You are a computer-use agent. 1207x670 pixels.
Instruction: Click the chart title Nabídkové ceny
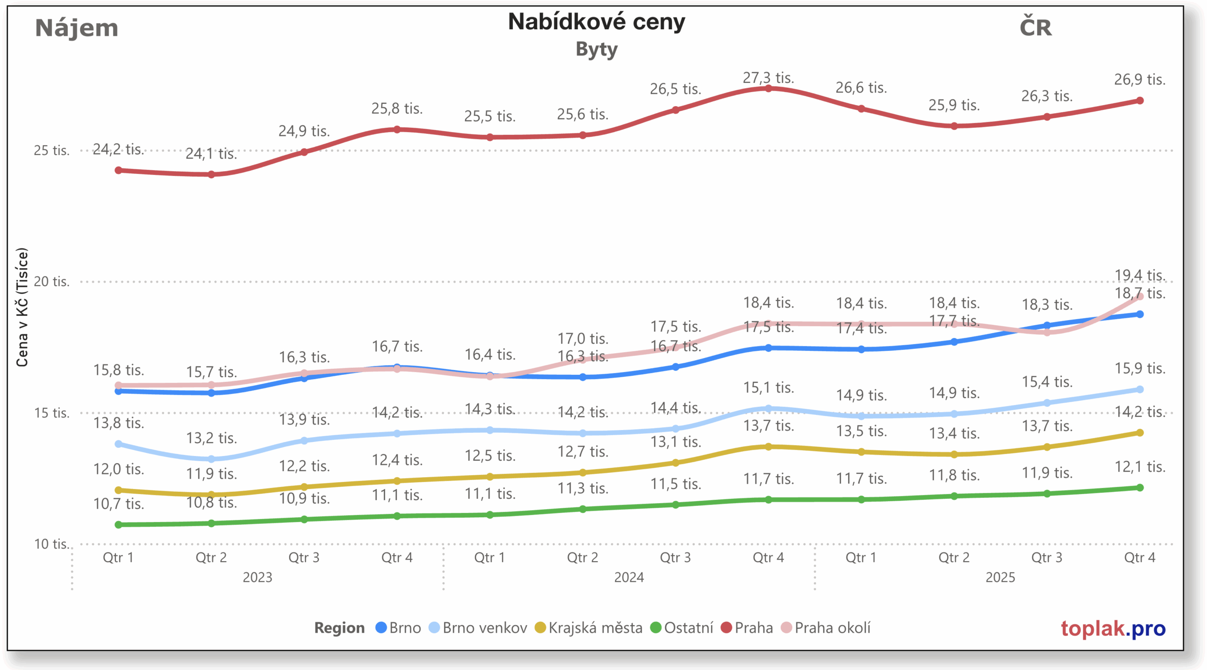[x=596, y=22]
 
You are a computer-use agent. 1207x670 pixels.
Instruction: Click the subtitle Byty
[x=596, y=50]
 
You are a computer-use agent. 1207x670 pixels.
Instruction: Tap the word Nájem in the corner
[x=76, y=28]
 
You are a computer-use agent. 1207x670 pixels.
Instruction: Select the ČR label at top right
[x=1035, y=27]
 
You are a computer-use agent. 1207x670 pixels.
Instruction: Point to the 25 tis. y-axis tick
[x=51, y=150]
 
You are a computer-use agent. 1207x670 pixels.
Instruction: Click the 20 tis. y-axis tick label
[x=51, y=281]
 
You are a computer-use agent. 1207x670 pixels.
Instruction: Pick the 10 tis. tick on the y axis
[x=51, y=544]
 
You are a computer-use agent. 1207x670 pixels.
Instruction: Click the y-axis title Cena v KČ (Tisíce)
[x=22, y=307]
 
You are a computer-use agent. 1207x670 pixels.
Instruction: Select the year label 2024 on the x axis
[x=628, y=577]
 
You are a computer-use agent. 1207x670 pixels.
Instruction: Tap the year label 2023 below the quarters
[x=257, y=577]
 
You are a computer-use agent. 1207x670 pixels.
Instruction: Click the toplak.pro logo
[x=1113, y=629]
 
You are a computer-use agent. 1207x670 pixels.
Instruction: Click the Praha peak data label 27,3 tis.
[x=768, y=77]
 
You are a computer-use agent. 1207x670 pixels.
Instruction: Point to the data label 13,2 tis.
[x=211, y=438]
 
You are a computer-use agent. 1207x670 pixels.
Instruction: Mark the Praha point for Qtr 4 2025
[x=1140, y=100]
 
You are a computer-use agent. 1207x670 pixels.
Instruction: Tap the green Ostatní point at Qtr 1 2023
[x=118, y=524]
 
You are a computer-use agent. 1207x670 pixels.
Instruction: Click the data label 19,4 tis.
[x=1140, y=275]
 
